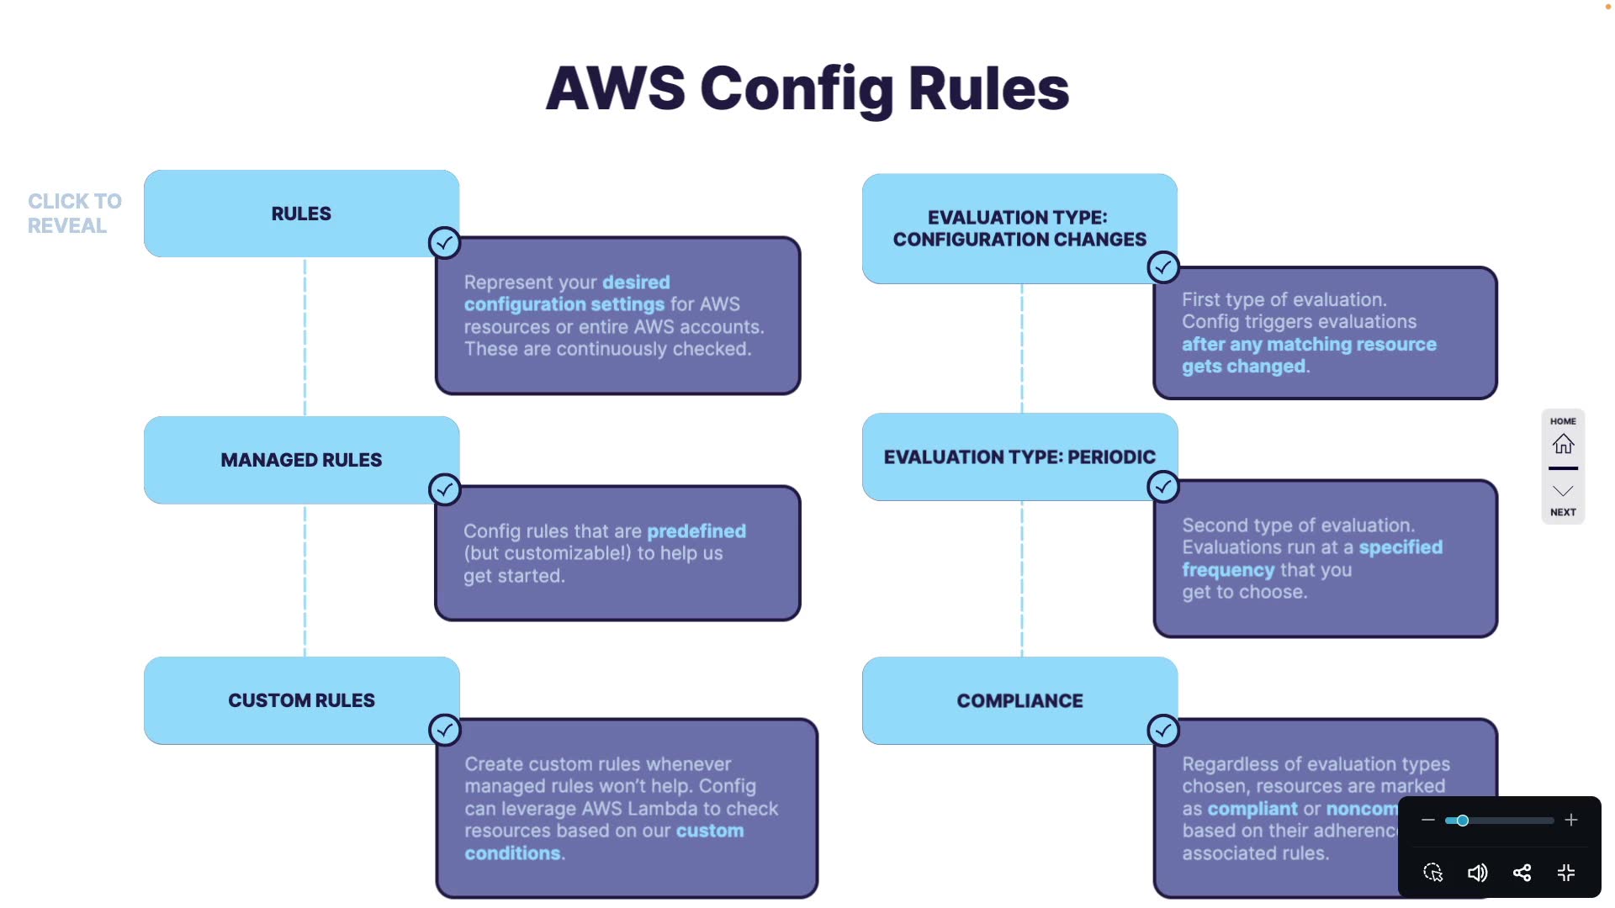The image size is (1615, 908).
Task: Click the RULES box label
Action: (301, 214)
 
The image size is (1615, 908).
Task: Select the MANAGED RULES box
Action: (301, 460)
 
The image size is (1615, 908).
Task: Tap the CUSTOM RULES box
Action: (301, 700)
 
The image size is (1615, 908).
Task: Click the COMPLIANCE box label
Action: (1019, 700)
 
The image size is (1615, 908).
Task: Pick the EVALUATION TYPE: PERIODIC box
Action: (1019, 457)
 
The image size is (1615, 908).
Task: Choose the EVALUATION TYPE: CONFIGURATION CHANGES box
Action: (1019, 228)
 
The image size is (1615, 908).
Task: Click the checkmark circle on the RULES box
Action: (444, 243)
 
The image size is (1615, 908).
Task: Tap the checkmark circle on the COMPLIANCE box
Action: (1163, 731)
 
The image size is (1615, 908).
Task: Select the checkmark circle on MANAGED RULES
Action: (444, 489)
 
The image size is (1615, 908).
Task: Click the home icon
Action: (1563, 443)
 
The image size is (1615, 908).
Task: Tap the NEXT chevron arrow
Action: (1563, 492)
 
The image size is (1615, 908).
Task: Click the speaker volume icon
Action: (1477, 873)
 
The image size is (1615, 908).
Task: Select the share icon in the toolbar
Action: (1522, 873)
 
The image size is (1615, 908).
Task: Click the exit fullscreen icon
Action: (1566, 873)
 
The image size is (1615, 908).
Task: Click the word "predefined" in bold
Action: (696, 531)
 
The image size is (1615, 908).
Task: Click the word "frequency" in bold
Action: (1228, 570)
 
